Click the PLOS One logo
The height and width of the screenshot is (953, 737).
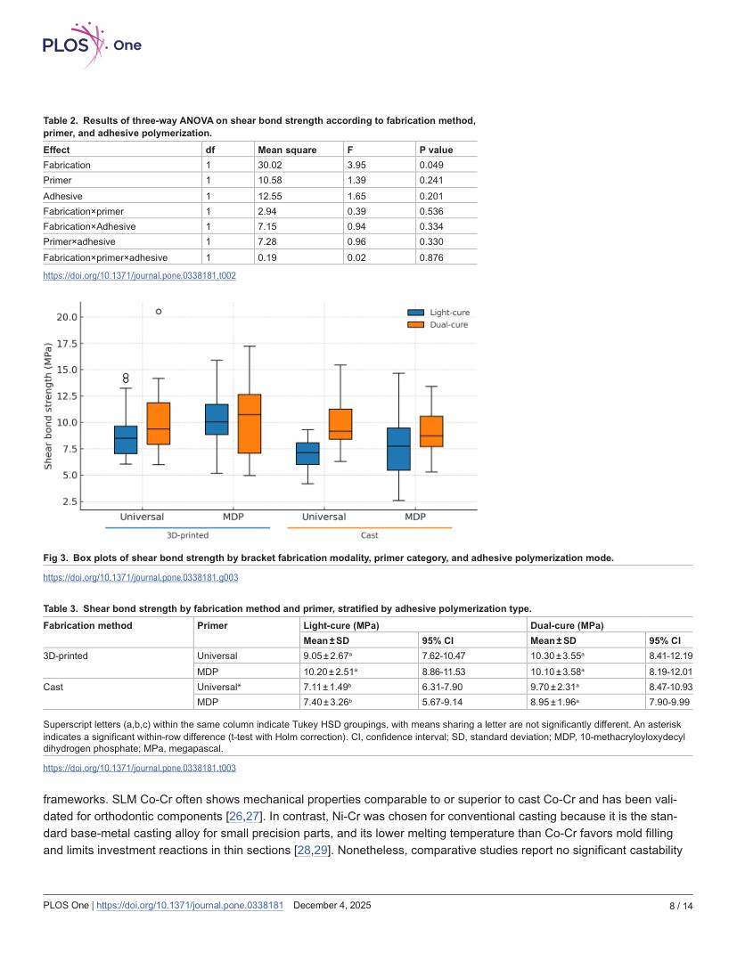[x=92, y=45]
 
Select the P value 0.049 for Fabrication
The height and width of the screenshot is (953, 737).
[x=431, y=165]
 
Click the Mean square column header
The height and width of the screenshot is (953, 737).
[x=287, y=150]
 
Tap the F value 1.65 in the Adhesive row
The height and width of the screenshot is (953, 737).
[x=356, y=196]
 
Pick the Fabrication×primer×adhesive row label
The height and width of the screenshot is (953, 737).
[x=105, y=257]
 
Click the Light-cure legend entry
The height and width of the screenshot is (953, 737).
[x=438, y=313]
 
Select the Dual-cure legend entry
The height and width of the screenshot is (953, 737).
[x=438, y=324]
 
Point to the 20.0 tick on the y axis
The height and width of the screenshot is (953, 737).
[x=67, y=317]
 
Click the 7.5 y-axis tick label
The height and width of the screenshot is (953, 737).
[x=70, y=449]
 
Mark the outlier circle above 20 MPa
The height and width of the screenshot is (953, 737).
[x=159, y=312]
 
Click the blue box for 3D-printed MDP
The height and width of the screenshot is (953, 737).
[x=217, y=419]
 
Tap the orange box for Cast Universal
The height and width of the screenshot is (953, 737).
[x=340, y=424]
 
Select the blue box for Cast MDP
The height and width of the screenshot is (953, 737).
[x=399, y=449]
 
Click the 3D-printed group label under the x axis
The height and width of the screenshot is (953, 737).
[x=187, y=535]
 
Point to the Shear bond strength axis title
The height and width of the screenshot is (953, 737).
[x=48, y=406]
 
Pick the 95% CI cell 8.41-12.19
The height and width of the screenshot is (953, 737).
[x=671, y=656]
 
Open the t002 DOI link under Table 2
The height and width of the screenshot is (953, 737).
[x=139, y=275]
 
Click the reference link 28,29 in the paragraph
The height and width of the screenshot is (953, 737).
[x=313, y=851]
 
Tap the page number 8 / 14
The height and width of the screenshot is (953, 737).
[x=681, y=906]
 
